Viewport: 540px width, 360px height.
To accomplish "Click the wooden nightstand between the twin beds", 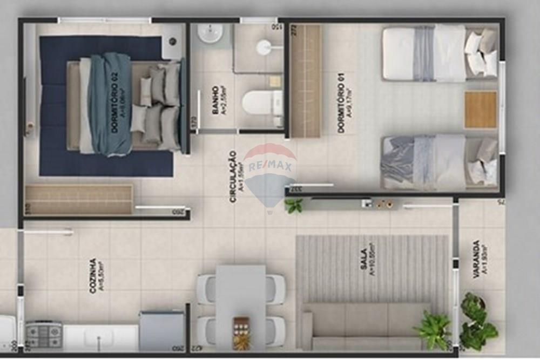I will [480, 110].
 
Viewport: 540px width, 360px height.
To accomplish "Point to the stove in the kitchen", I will [44, 335].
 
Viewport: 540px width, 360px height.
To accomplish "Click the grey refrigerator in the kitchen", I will [161, 330].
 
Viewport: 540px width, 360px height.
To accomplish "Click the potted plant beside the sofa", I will [434, 329].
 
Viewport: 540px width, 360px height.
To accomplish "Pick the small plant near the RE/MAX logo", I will [294, 205].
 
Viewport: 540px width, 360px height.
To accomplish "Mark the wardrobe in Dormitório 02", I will [79, 200].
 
